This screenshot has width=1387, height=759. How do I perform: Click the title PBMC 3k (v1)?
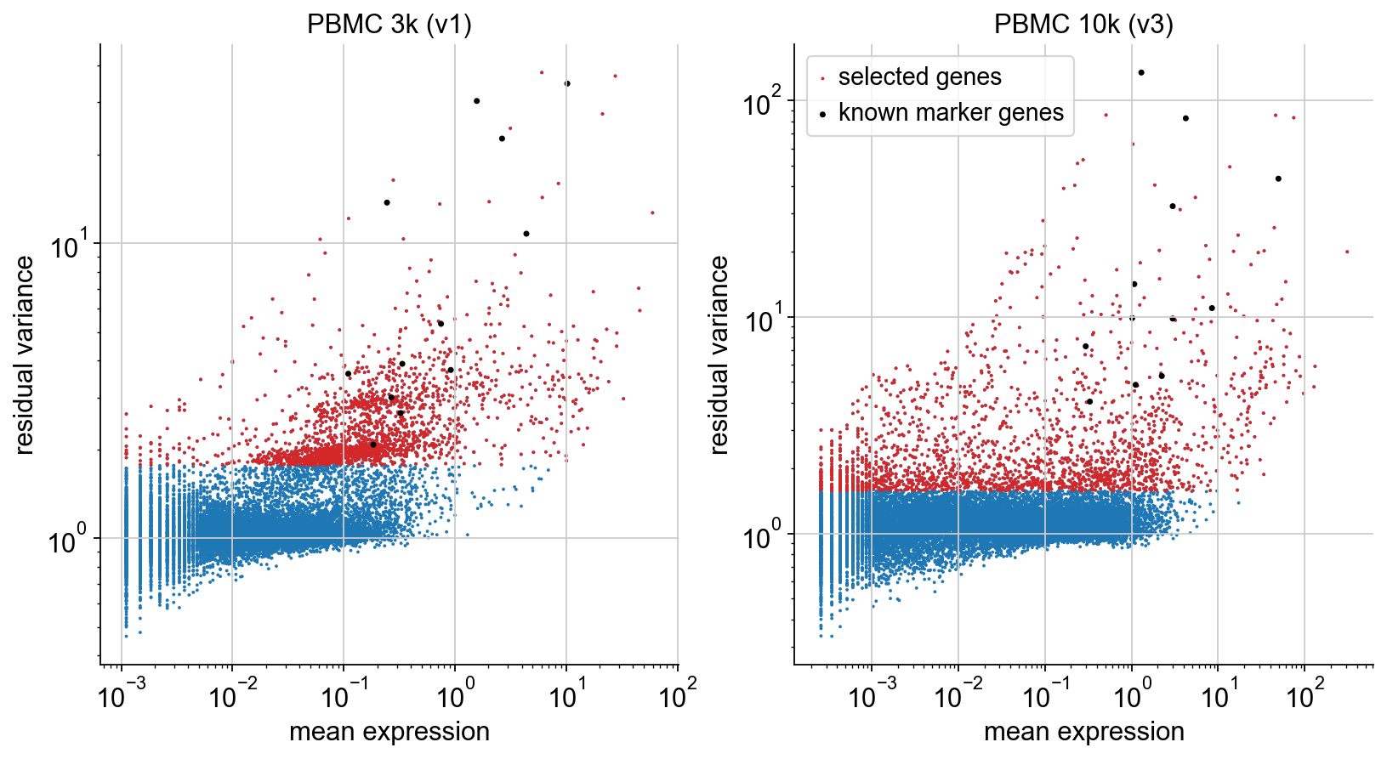[x=389, y=24]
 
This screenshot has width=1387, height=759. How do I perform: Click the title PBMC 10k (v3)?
[x=1083, y=24]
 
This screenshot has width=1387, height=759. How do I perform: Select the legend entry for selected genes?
[x=919, y=76]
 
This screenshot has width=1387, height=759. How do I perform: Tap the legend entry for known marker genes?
[x=951, y=112]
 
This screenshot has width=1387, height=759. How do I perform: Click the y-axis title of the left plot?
[x=25, y=354]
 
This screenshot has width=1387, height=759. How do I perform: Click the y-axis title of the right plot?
[x=719, y=354]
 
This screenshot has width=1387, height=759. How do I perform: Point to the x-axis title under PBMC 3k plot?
[x=389, y=731]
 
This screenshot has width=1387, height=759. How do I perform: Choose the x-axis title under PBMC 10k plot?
[x=1083, y=731]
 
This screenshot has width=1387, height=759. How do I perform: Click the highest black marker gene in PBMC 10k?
[x=1141, y=73]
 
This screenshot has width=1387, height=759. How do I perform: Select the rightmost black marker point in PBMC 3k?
[x=567, y=83]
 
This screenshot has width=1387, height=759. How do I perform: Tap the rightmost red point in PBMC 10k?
[x=1347, y=252]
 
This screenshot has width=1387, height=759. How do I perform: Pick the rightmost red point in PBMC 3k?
[x=652, y=213]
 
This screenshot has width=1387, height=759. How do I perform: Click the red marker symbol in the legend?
[x=822, y=78]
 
